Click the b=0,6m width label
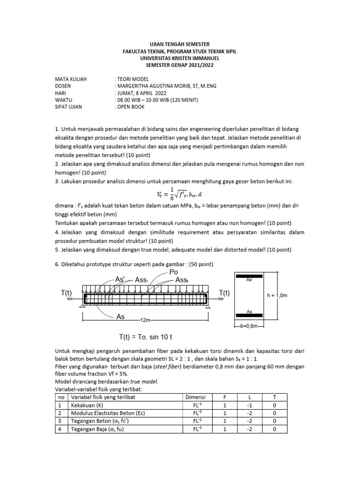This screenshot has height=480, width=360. point(249,324)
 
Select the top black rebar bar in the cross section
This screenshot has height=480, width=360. point(249,276)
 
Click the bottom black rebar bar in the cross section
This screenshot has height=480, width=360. point(249,315)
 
